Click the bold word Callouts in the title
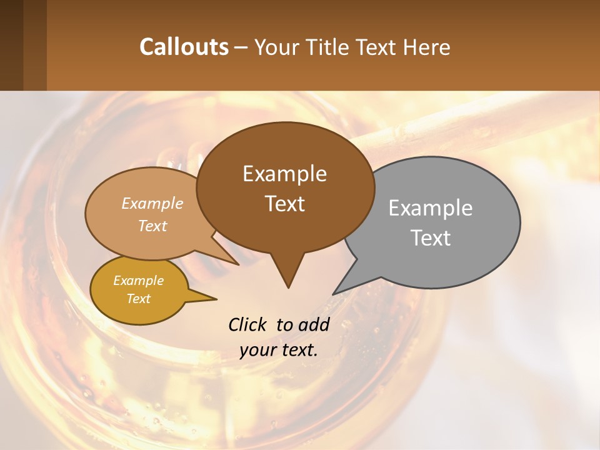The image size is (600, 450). click(184, 47)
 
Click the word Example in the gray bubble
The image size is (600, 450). click(431, 207)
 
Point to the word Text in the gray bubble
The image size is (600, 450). click(431, 237)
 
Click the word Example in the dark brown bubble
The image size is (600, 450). click(284, 174)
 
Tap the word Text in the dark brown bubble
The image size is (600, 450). click(285, 204)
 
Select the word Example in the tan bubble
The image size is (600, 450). click(152, 203)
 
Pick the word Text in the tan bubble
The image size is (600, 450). click(152, 226)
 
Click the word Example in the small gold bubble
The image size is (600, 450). click(138, 281)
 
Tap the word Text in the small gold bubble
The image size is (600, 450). click(138, 299)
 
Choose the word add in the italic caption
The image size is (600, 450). click(314, 324)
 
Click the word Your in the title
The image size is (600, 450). click(277, 47)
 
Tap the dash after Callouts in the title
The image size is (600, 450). click(241, 47)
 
